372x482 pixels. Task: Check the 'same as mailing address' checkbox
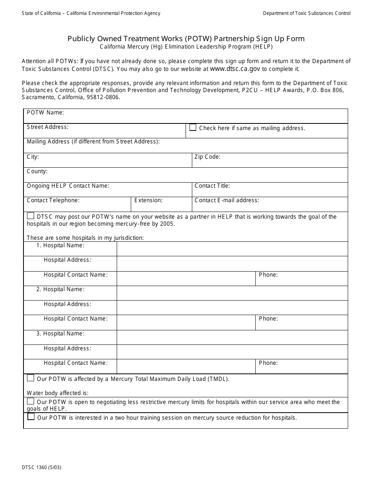(x=193, y=127)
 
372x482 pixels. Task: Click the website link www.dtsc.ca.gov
(x=235, y=69)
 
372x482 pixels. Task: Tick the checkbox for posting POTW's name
(x=31, y=216)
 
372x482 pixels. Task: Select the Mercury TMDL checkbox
(x=31, y=378)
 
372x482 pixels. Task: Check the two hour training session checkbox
(x=31, y=417)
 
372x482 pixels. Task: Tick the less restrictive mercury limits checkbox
(x=31, y=401)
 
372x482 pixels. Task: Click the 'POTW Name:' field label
(x=45, y=113)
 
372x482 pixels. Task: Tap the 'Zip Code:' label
(x=207, y=157)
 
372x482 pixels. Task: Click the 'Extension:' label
(x=148, y=200)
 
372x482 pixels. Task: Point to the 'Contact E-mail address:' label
(x=227, y=200)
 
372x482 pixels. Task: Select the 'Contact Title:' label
(x=212, y=186)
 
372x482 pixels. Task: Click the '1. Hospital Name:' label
(x=60, y=245)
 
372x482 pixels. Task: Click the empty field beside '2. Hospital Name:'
(x=232, y=293)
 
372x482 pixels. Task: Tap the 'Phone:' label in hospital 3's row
(x=268, y=363)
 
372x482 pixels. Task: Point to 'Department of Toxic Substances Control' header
(x=307, y=13)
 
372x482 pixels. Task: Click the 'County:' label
(x=37, y=171)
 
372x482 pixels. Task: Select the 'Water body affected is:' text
(x=58, y=393)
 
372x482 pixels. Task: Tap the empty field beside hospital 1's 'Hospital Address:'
(x=232, y=264)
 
